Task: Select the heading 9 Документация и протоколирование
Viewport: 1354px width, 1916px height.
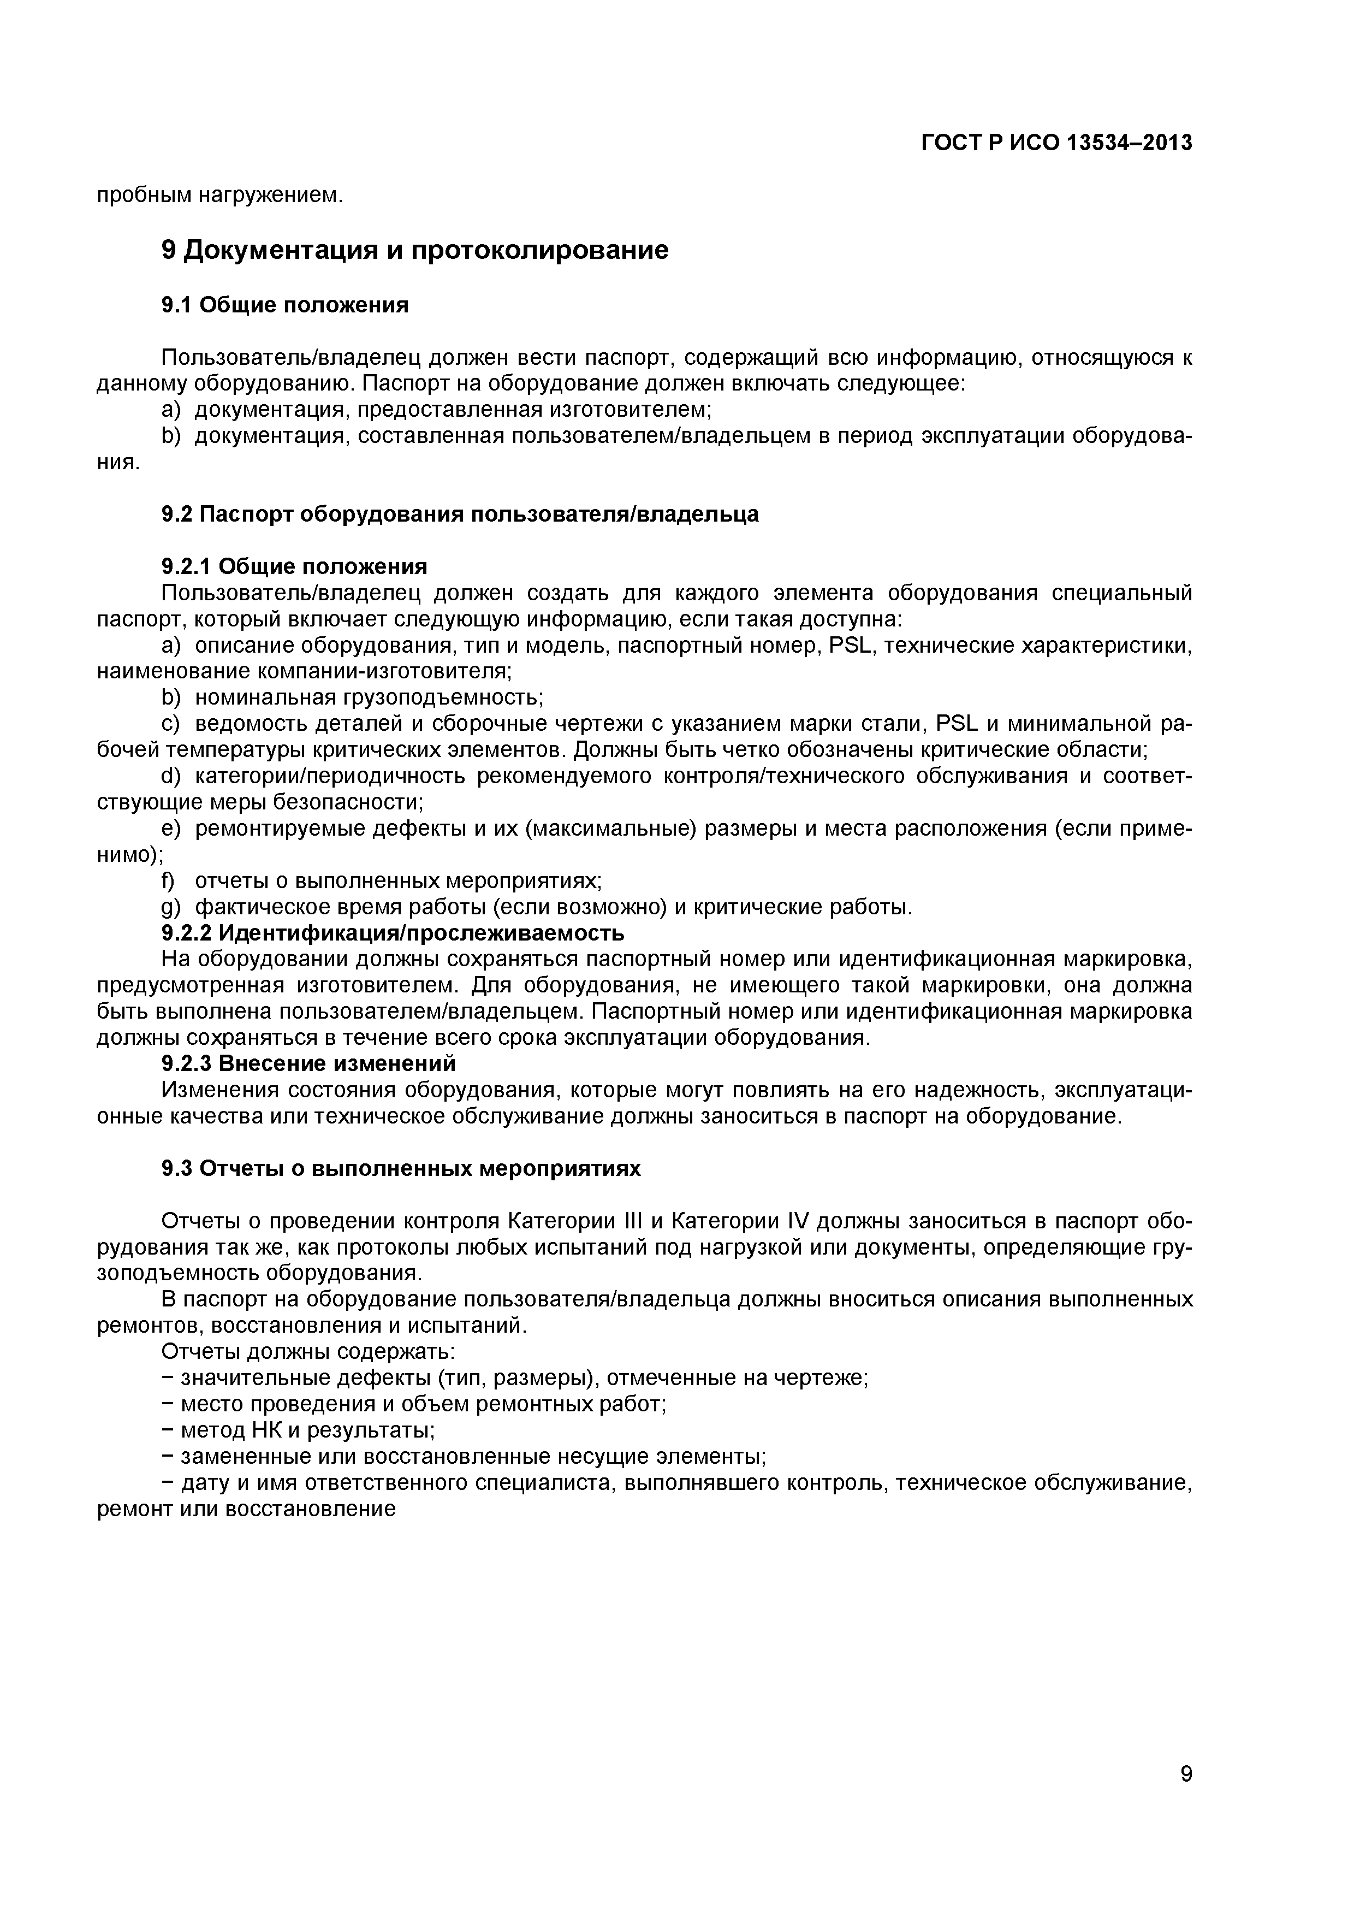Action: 414,250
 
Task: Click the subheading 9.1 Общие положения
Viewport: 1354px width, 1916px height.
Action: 284,305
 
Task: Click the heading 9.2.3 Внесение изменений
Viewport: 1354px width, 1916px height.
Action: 308,1063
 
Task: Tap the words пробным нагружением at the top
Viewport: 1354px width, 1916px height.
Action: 220,196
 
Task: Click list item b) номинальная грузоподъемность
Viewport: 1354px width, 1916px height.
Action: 352,697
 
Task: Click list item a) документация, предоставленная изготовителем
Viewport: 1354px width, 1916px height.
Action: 436,410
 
